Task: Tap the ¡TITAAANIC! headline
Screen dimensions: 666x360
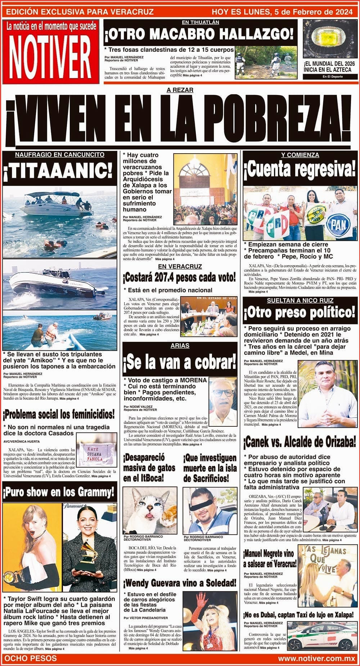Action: [59, 172]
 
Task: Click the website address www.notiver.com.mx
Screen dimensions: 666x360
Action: [316, 658]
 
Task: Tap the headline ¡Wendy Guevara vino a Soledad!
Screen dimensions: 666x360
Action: [180, 583]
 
